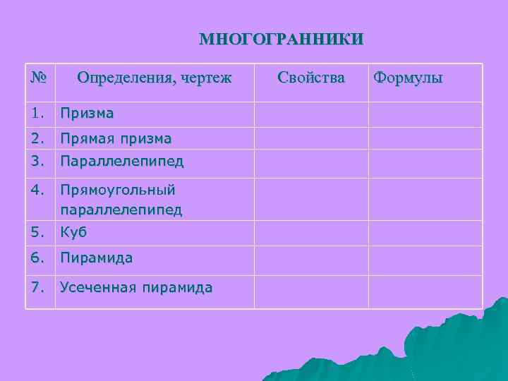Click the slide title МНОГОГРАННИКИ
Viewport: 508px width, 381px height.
[282, 38]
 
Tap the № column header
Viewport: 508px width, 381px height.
[39, 76]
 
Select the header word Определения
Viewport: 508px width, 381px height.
[122, 77]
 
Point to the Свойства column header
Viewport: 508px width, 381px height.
[311, 77]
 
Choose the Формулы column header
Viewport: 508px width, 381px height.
[408, 77]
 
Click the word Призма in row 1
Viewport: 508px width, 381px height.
[87, 113]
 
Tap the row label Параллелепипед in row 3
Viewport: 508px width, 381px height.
[121, 161]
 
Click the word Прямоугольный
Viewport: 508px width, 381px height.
[118, 190]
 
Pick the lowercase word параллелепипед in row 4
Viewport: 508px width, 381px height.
[121, 210]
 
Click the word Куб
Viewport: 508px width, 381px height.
[73, 232]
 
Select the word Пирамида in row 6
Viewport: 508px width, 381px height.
[96, 258]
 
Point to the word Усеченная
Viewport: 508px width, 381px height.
[98, 287]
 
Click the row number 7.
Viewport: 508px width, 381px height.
[37, 287]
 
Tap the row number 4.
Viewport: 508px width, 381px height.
[37, 190]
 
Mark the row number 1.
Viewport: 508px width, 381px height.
[37, 113]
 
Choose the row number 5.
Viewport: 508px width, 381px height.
[37, 232]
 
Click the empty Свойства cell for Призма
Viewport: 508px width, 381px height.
[311, 114]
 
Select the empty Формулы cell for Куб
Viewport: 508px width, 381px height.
[425, 233]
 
